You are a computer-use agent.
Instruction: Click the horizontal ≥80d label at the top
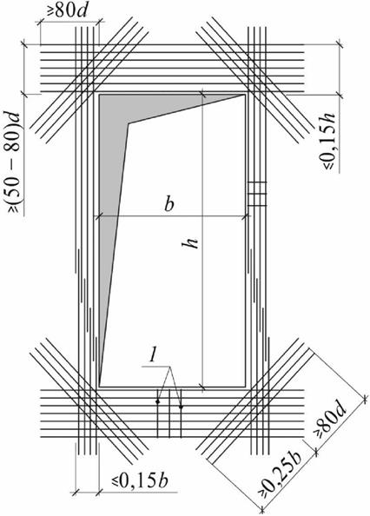point(67,11)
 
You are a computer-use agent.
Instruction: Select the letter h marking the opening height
point(191,242)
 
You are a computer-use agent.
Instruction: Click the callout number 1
point(152,356)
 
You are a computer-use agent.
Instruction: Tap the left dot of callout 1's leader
point(158,401)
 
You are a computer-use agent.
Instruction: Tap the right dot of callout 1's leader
point(181,407)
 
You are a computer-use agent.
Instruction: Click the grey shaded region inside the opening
point(114,164)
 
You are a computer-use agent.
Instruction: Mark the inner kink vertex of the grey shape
point(129,123)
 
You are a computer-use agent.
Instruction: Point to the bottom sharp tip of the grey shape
point(100,385)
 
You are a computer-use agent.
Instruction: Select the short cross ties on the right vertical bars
point(257,194)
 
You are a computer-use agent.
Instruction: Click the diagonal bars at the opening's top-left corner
point(89,81)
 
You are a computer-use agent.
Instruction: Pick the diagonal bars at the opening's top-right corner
point(255,81)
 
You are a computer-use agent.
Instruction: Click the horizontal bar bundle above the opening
point(172,68)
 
